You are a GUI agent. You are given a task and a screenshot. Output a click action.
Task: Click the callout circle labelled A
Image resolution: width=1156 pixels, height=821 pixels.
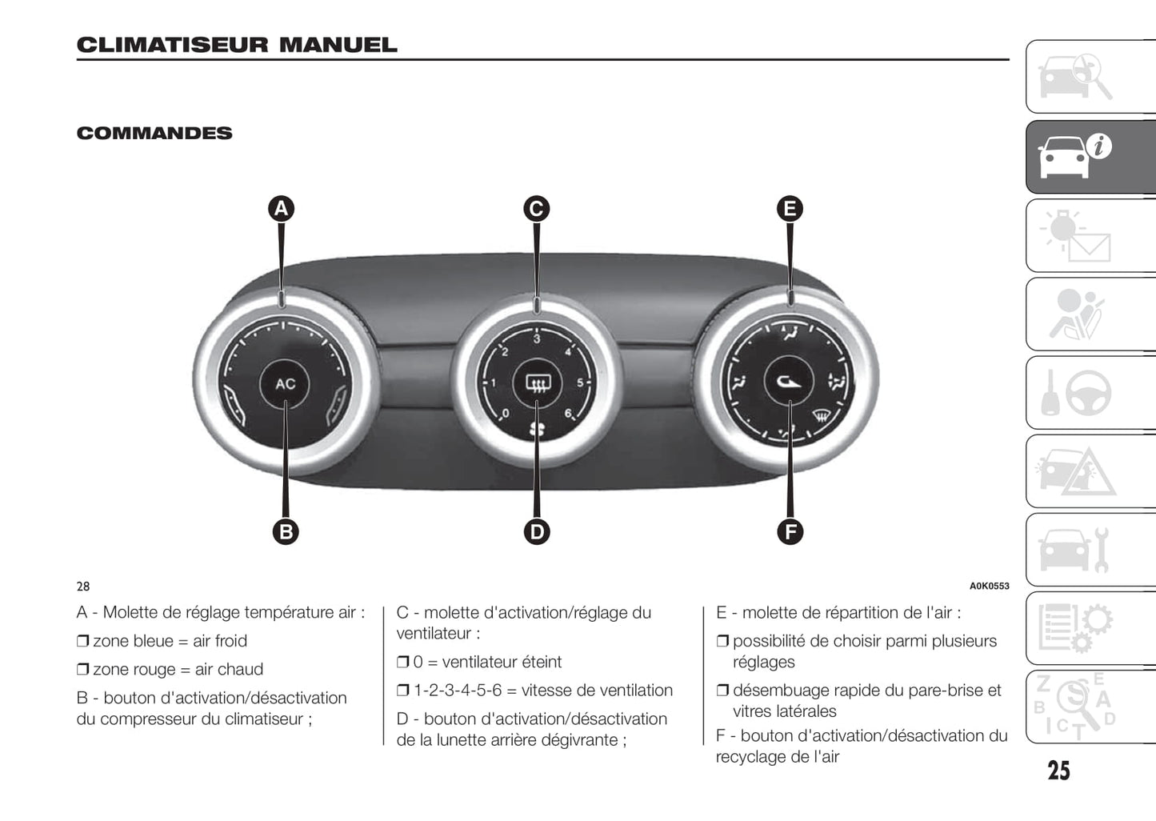pos(281,209)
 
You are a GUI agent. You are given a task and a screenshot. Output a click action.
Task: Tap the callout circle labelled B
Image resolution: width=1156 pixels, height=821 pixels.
pos(286,531)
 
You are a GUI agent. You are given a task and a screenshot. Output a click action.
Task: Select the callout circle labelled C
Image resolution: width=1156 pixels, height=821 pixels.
pos(536,209)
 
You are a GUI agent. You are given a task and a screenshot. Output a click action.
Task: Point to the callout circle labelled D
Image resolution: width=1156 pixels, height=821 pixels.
pos(536,531)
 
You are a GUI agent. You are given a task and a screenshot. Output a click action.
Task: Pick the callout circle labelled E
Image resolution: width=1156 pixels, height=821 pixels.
pos(790,209)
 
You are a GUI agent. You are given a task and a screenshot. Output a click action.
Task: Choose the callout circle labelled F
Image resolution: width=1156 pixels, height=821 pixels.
pos(790,531)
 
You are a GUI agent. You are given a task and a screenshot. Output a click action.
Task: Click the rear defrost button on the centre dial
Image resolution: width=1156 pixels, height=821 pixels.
pos(536,384)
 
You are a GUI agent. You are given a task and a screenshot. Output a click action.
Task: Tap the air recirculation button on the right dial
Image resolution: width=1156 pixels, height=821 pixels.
pos(789,382)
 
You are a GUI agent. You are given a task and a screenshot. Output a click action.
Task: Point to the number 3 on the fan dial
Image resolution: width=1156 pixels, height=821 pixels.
pos(536,339)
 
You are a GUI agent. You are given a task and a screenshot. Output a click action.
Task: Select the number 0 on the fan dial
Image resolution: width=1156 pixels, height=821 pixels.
pos(504,413)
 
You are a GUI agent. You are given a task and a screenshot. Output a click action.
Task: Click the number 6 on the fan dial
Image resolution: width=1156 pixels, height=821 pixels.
pos(568,413)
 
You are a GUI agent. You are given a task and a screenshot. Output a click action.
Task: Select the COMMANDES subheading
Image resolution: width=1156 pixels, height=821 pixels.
pos(154,133)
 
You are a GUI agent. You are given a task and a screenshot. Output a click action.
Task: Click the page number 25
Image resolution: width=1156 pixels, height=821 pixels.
pos(1058,770)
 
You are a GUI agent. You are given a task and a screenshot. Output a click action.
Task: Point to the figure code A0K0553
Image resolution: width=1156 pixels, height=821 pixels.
pos(989,586)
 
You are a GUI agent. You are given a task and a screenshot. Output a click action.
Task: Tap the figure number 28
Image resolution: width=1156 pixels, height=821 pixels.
pos(83,587)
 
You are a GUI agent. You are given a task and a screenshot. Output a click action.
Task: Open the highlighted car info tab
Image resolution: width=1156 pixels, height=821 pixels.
pos(1090,157)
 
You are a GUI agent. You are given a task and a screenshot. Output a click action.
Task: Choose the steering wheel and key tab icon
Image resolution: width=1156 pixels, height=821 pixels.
pos(1090,393)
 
